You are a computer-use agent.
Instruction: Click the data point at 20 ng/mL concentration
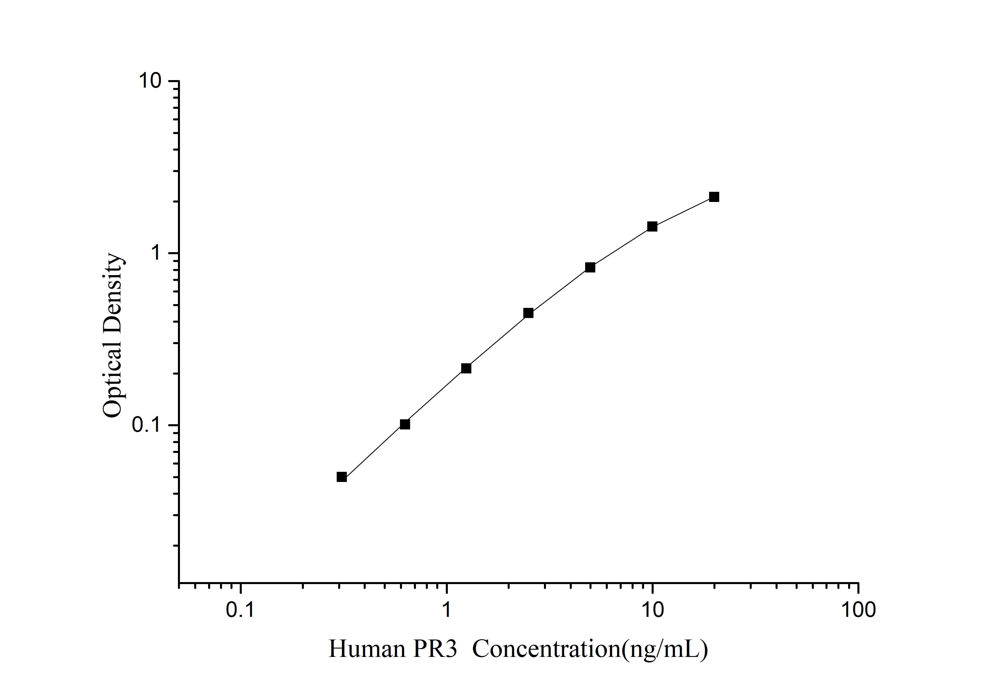tap(714, 197)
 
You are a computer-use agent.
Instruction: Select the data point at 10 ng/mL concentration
tap(652, 227)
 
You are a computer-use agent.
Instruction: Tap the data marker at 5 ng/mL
tap(590, 268)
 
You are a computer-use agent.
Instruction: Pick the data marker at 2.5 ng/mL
tap(529, 313)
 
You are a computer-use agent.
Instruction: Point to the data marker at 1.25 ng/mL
tap(466, 369)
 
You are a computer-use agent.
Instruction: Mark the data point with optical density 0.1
tap(405, 424)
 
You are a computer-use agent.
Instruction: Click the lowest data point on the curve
tap(342, 477)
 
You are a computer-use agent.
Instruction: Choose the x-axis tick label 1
tap(446, 610)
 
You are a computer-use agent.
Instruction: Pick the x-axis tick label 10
tap(652, 610)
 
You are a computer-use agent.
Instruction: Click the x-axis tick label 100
tap(858, 610)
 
